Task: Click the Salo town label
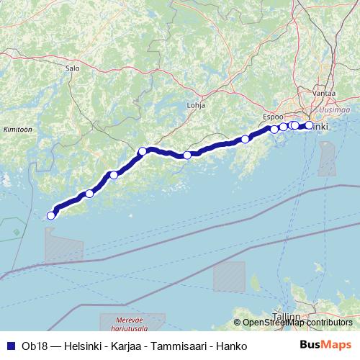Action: coord(71,68)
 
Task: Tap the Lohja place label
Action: coord(196,104)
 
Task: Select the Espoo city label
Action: coord(273,116)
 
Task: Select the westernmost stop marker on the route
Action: coord(51,215)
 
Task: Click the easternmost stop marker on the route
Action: coord(310,125)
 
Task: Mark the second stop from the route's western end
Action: coord(89,193)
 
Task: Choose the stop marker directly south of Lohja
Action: coord(187,155)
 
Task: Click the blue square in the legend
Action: coord(8,346)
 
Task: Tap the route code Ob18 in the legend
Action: coord(30,346)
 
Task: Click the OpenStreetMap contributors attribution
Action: coord(297,323)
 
